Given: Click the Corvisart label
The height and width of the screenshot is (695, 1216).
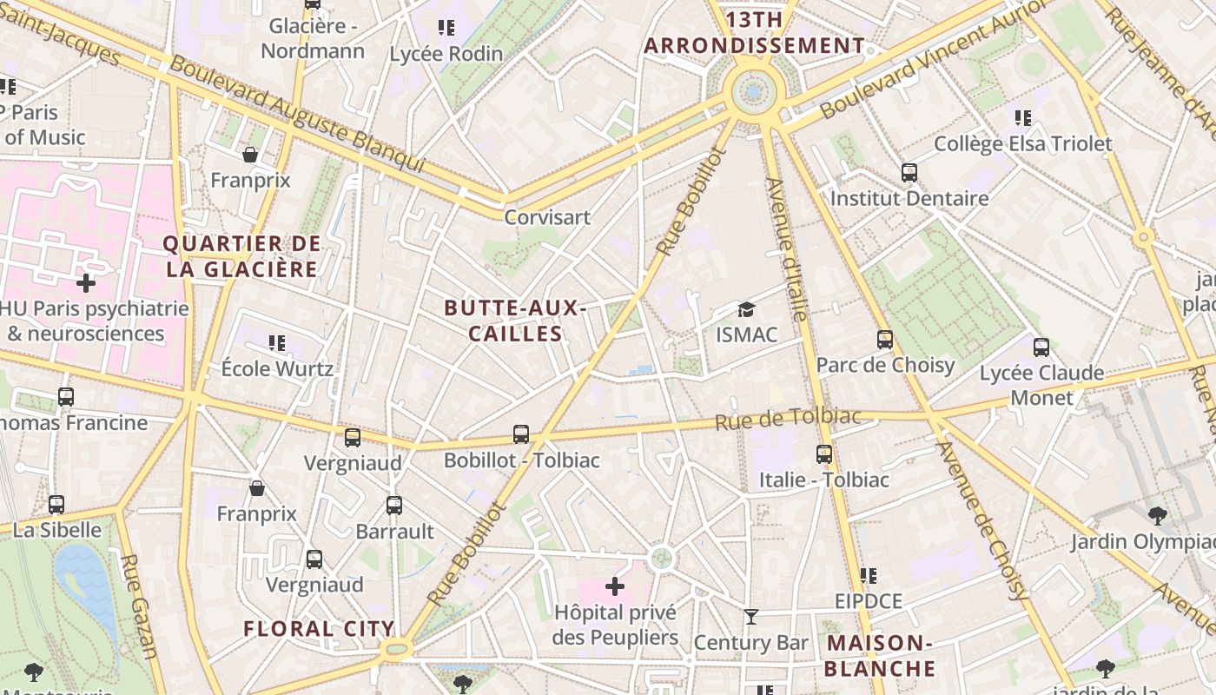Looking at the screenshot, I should [547, 217].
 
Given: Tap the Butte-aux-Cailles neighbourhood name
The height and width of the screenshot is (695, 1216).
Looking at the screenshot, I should [515, 321].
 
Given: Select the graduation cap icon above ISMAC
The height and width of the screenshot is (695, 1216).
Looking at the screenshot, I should [746, 310].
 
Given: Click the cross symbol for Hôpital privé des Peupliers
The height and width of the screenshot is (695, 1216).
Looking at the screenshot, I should [615, 586].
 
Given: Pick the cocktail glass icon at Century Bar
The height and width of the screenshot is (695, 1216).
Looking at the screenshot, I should [751, 617].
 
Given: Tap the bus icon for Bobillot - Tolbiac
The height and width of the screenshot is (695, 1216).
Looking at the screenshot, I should [521, 434].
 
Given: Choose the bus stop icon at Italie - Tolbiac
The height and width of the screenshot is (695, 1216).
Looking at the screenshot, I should [824, 453].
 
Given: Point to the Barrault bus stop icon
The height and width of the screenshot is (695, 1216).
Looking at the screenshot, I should [394, 505].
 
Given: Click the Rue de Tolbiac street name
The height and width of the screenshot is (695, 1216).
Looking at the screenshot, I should [788, 418].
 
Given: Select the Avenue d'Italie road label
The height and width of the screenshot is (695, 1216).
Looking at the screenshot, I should [787, 248].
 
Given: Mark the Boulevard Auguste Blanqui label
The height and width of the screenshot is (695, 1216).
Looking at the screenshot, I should [296, 114].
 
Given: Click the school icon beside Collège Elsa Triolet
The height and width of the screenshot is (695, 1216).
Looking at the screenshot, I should [1023, 117].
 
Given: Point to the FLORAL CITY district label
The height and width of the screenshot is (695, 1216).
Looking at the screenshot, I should [319, 629].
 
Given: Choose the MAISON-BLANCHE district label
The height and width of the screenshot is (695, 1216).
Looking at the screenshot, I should [879, 656].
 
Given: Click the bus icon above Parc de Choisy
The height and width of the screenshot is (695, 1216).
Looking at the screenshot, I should [885, 339].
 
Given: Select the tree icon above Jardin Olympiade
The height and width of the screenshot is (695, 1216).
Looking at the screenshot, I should [1157, 516].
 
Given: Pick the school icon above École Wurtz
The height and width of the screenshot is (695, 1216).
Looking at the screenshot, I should [277, 342].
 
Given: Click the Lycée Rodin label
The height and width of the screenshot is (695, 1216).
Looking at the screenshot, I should [446, 54].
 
